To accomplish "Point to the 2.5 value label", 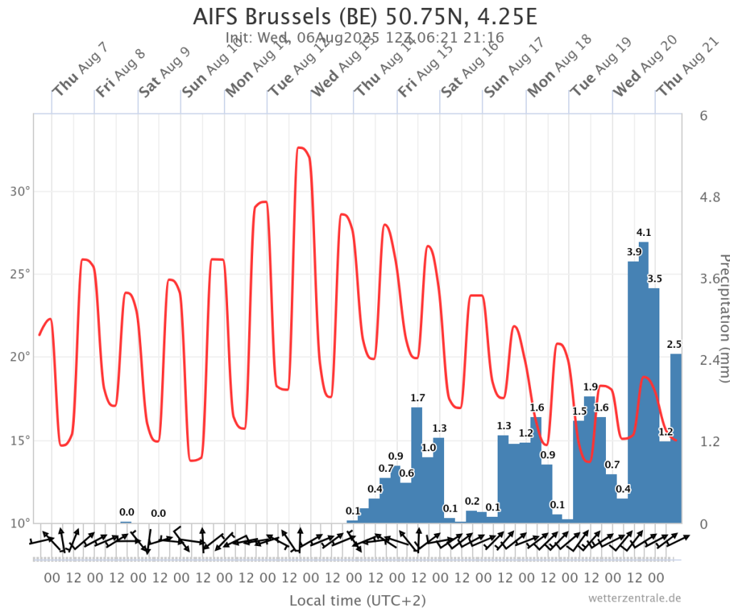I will pyautogui.click(x=674, y=344).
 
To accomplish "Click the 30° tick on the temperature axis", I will pyautogui.click(x=20, y=191).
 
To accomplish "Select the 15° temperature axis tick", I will pyautogui.click(x=20, y=440).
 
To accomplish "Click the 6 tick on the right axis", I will pyautogui.click(x=703, y=115).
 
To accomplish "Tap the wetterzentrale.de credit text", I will pyautogui.click(x=635, y=598).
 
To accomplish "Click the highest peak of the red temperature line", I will pyautogui.click(x=301, y=148).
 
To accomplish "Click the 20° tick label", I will pyautogui.click(x=20, y=357).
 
